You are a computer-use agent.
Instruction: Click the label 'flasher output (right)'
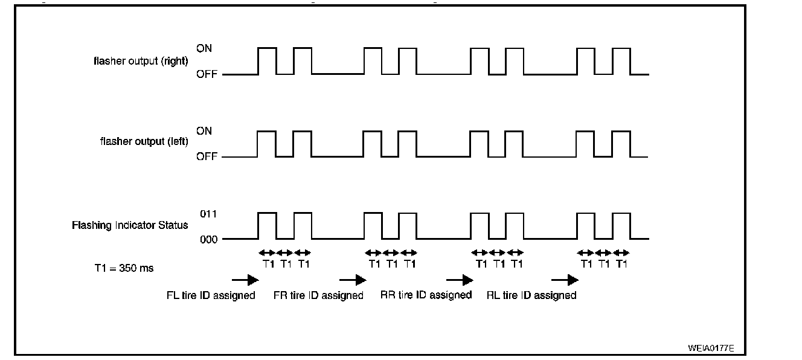[x=141, y=61]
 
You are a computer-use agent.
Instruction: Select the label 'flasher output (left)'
[x=144, y=142]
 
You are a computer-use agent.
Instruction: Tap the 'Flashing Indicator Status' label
[x=130, y=225]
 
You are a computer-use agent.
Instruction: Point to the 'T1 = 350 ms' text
[x=120, y=268]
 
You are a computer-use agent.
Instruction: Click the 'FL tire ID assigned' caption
[x=211, y=295]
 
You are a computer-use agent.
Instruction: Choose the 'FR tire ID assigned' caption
[x=318, y=295]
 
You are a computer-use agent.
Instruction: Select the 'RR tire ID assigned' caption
[x=426, y=295]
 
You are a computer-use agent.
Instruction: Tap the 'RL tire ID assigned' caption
[x=531, y=295]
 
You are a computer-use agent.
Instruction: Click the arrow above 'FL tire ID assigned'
[x=245, y=280]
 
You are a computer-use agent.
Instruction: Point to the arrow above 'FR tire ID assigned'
[x=353, y=280]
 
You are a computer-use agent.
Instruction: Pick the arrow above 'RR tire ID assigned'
[x=459, y=280]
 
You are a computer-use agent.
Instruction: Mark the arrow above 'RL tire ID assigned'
[x=565, y=280]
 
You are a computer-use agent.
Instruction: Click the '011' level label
[x=208, y=214]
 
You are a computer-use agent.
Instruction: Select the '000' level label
[x=208, y=239]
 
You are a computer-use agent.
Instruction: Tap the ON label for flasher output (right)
[x=204, y=48]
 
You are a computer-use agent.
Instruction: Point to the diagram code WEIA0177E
[x=711, y=349]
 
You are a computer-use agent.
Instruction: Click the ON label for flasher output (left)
[x=204, y=131]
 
